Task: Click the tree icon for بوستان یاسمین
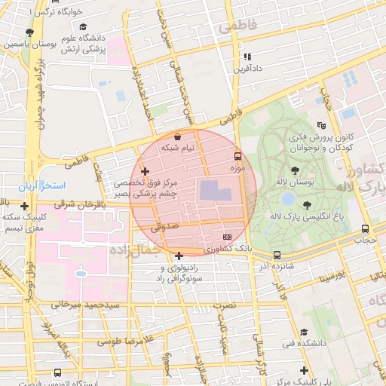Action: [29, 32]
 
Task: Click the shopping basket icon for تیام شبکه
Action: [176, 137]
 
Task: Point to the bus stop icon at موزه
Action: [237, 157]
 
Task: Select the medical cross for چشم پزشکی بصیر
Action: [145, 172]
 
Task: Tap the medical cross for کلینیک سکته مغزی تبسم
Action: [25, 206]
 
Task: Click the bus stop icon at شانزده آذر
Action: [277, 255]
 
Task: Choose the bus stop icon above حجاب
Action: [365, 228]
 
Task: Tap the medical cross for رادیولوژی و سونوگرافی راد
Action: [179, 255]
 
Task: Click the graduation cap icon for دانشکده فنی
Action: [304, 332]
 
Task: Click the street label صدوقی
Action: [163, 225]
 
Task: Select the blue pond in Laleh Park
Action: [288, 199]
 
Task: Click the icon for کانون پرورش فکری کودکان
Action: [323, 124]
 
